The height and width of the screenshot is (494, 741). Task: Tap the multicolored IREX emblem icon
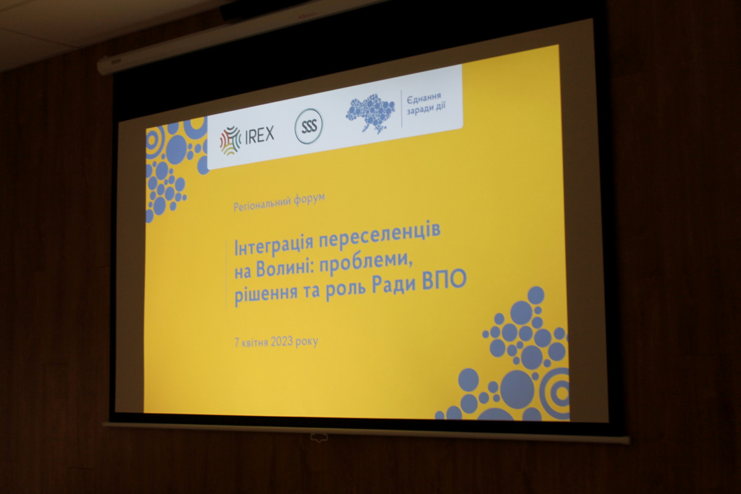230,140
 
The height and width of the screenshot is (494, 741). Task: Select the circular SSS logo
309,126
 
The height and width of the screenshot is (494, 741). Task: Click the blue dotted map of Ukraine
371,112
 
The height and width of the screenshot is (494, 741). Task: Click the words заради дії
426,109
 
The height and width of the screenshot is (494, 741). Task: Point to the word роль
345,289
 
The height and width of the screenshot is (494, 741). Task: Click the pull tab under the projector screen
319,437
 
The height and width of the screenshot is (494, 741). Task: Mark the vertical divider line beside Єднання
401,109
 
